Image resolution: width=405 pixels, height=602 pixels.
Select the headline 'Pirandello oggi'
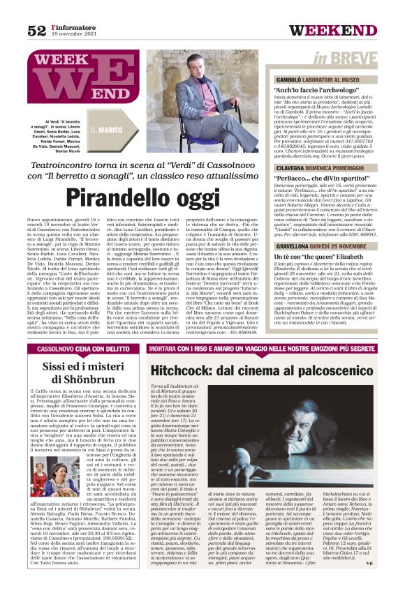(144, 197)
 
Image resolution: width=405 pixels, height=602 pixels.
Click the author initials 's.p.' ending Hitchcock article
(388, 580)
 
